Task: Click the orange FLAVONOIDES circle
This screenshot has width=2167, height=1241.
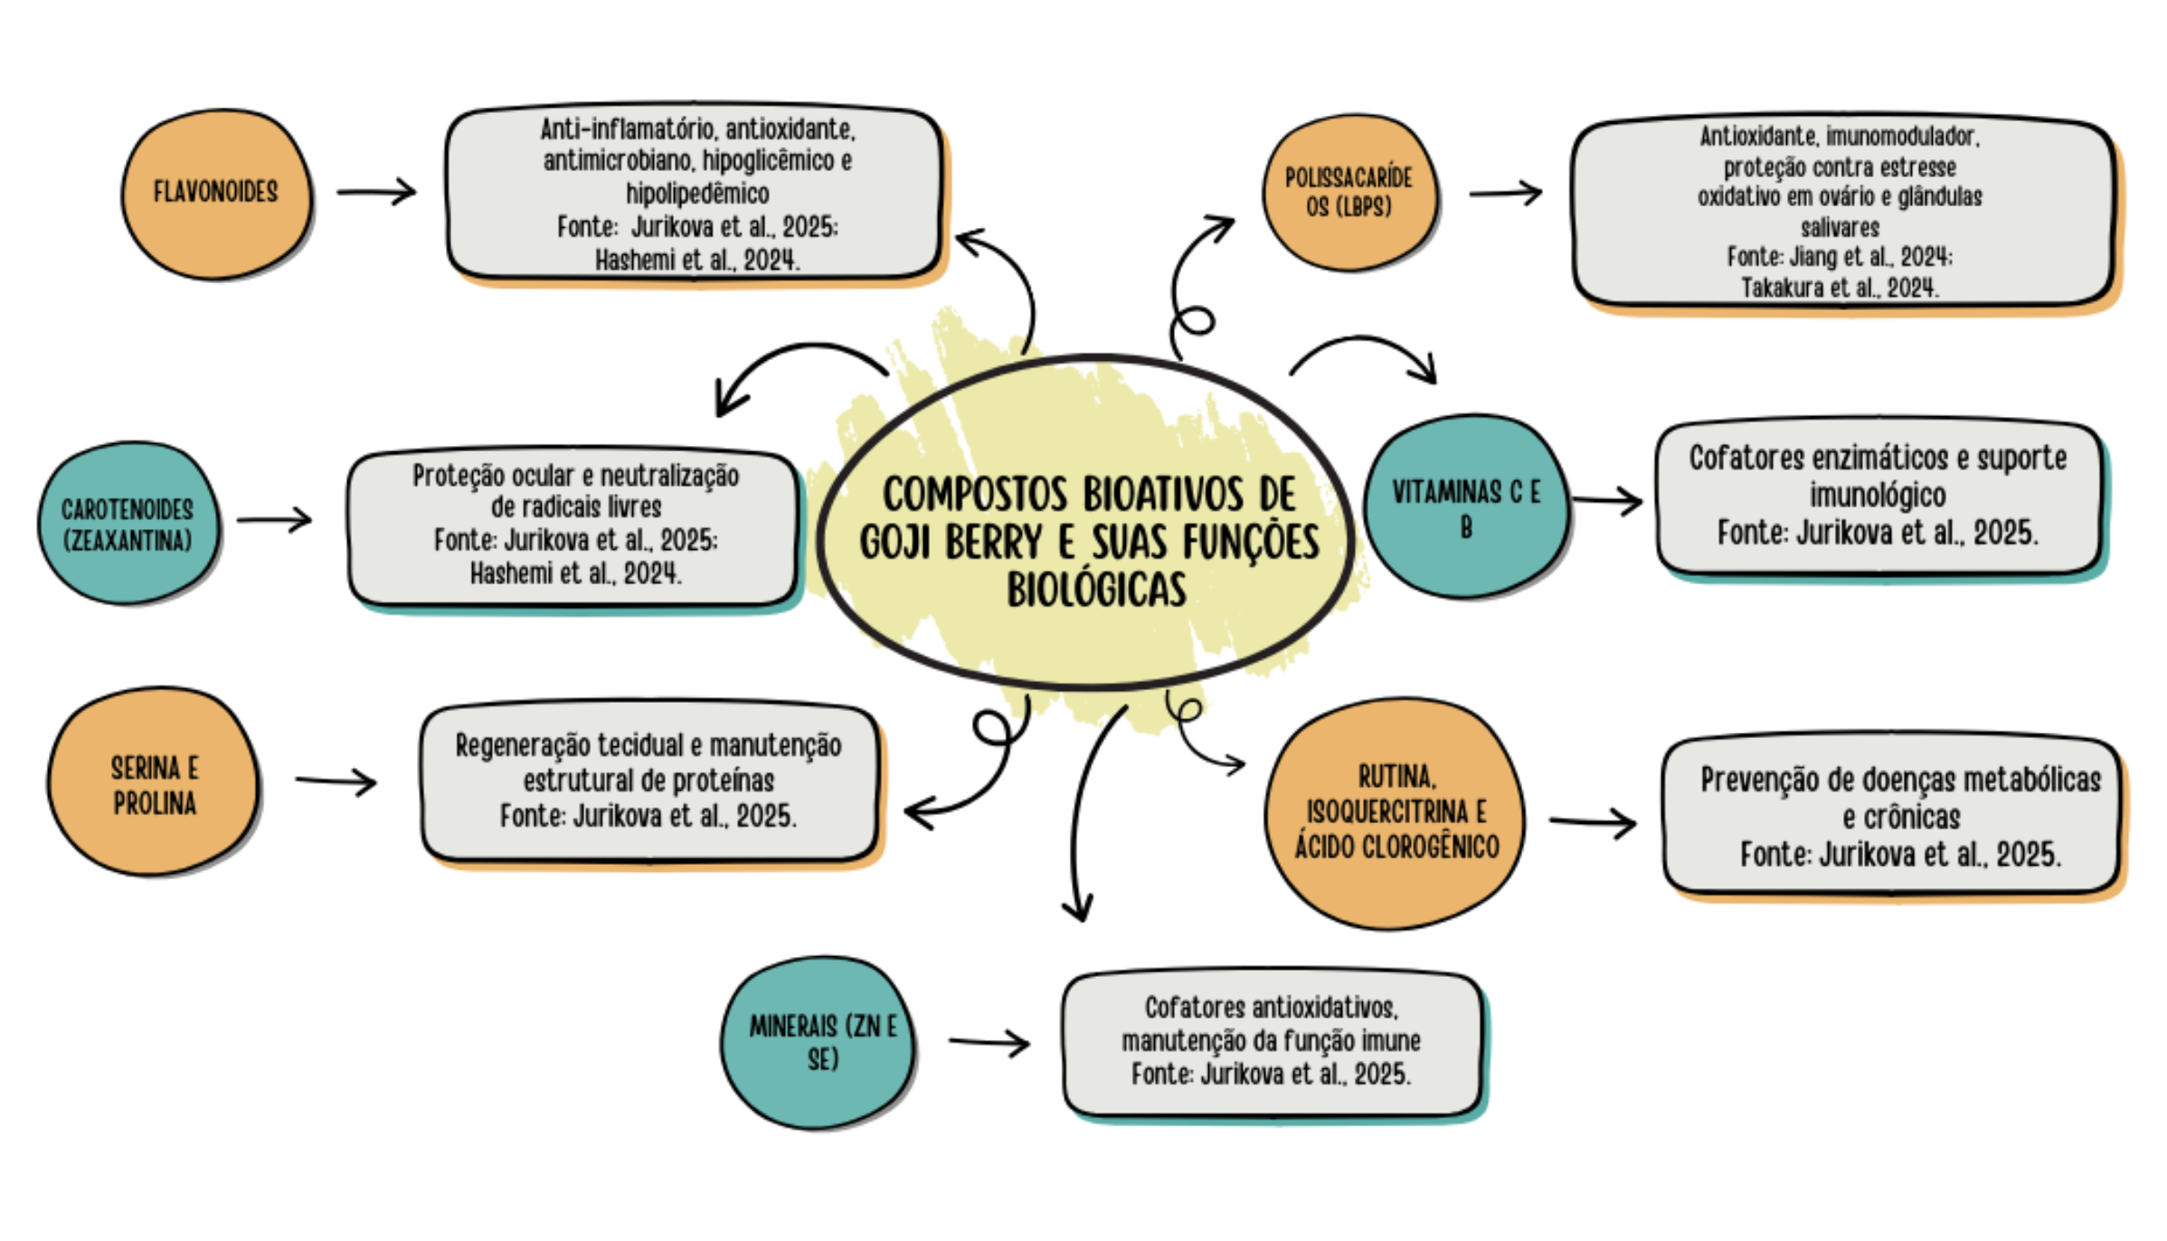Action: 216,193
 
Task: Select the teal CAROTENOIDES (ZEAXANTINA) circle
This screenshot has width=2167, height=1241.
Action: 128,524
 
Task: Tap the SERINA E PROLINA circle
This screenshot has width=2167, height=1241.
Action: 154,782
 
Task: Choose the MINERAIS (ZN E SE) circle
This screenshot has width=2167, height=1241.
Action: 819,1042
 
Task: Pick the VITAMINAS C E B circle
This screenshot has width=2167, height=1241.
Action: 1466,507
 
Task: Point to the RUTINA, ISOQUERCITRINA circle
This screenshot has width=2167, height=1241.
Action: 1396,812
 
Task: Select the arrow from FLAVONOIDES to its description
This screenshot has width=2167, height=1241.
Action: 376,192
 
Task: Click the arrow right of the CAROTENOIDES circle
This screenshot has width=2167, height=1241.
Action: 275,520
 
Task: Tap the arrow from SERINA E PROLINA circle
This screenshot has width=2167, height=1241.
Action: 336,781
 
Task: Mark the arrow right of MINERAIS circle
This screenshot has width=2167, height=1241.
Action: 989,1042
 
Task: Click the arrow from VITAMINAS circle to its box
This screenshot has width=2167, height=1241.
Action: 1607,500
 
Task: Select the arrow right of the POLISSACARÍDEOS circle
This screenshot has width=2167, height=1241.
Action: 1506,193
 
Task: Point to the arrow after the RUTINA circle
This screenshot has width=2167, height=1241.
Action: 1593,821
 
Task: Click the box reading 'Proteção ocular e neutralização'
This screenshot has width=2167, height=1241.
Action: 574,526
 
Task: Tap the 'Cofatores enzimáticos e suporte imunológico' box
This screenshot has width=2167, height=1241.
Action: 1878,497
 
